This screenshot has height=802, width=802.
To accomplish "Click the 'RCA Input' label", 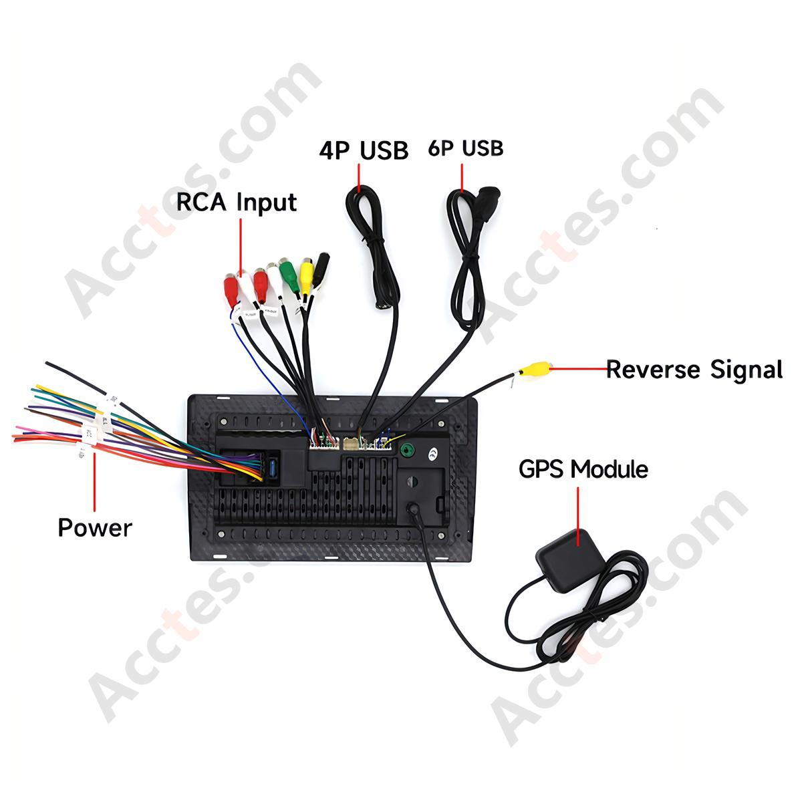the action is pos(237,203).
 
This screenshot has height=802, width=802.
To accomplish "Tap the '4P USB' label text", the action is pos(364,150).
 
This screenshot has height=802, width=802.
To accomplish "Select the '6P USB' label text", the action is pos(466,148).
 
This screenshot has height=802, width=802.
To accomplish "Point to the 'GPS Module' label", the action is pos(583,469).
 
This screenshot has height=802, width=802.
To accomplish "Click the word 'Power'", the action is pos(95,528).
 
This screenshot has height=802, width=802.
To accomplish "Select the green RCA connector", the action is pos(289,275).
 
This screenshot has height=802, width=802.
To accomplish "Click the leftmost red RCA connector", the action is pos(231,289).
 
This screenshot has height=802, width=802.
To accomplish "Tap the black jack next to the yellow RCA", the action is pos(321,269).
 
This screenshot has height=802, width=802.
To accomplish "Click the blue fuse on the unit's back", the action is pos(273,469).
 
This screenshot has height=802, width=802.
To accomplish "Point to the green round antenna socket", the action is pos(406,450).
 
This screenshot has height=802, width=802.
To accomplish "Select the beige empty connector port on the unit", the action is pos(350,444).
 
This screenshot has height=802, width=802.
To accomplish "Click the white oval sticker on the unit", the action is pos(434,453).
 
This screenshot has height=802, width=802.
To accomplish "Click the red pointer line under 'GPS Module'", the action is pos(578,517).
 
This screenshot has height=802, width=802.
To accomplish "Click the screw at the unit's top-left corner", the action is pos(225,422).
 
